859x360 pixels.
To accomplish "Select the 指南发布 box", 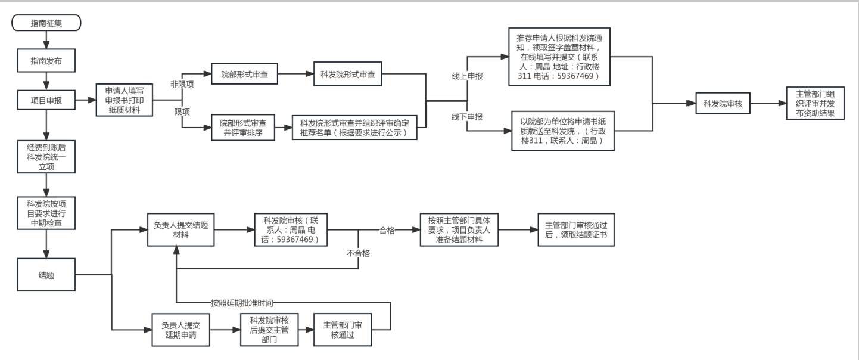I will coord(45,61).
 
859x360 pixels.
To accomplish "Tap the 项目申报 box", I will coord(45,101).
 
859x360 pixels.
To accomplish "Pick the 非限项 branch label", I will coord(183,84).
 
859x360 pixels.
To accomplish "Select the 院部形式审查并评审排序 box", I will coord(242,128).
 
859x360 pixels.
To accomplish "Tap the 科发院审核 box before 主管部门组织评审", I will coord(724,103).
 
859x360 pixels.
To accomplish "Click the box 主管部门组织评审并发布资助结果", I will coord(816,103).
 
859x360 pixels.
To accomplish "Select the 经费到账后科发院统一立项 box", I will coord(45,156).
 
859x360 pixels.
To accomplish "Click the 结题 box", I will coord(45,275).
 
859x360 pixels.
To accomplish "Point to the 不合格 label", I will coord(358,253).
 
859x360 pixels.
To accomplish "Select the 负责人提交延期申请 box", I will coord(182,330).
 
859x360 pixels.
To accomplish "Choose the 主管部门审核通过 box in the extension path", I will coord(337,330).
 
